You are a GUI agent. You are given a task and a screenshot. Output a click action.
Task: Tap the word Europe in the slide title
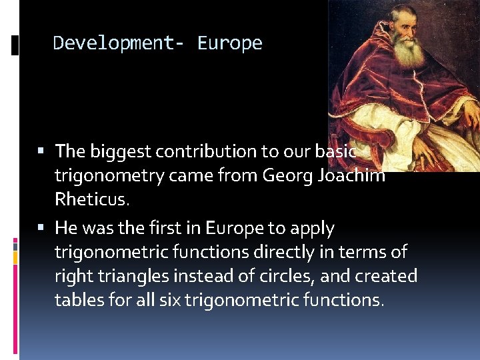click(x=230, y=43)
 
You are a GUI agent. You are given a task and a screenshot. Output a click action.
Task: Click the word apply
click(x=311, y=229)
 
